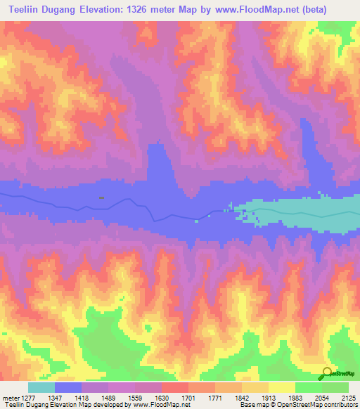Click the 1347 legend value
[65, 398]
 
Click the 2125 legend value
[347, 398]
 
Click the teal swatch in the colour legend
[41, 387]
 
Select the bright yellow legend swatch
[282, 387]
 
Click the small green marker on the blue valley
[102, 198]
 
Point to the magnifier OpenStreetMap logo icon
[327, 374]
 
